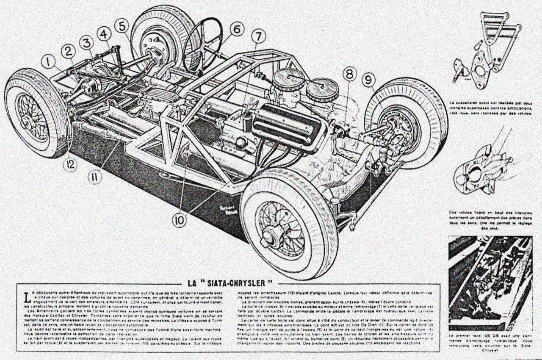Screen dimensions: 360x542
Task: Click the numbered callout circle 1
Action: click(x=49, y=63)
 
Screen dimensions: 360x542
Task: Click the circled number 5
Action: click(x=122, y=26)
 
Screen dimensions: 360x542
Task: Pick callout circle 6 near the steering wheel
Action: click(x=237, y=29)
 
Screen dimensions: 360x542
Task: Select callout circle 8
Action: click(x=349, y=75)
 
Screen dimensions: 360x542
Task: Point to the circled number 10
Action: click(x=180, y=220)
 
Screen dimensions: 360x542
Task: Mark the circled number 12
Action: click(x=70, y=164)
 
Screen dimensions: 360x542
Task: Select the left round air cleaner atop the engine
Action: click(x=289, y=80)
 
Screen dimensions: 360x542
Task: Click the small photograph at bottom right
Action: click(x=490, y=283)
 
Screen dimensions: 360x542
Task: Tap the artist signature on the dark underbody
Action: click(x=217, y=205)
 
